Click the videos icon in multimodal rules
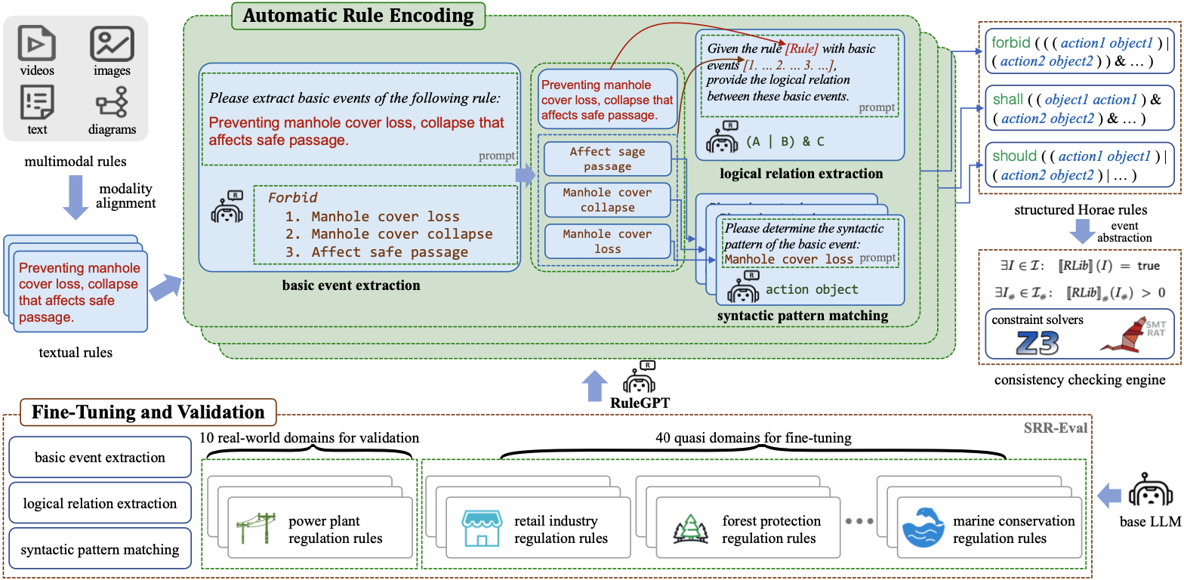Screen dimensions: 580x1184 [37, 43]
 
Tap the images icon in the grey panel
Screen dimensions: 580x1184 [112, 43]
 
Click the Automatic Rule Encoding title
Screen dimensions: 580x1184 [358, 16]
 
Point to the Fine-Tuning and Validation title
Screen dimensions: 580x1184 [148, 412]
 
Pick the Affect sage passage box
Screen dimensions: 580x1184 [607, 159]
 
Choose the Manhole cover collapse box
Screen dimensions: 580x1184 [607, 199]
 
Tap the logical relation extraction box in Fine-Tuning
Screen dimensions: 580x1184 [100, 504]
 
